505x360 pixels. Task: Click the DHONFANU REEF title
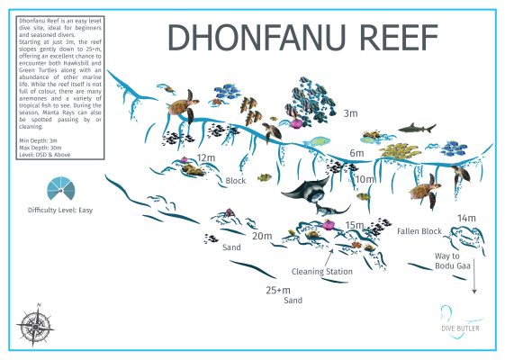pyautogui.click(x=302, y=38)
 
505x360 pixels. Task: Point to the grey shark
pyautogui.click(x=417, y=128)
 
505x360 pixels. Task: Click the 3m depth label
pyautogui.click(x=350, y=113)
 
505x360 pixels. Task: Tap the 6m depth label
pyautogui.click(x=356, y=154)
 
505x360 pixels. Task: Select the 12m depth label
pyautogui.click(x=207, y=158)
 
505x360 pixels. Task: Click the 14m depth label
pyautogui.click(x=465, y=219)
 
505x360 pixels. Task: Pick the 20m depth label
pyautogui.click(x=261, y=237)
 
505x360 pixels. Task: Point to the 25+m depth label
pyautogui.click(x=279, y=291)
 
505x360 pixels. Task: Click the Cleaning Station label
pyautogui.click(x=321, y=270)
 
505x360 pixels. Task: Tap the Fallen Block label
pyautogui.click(x=419, y=231)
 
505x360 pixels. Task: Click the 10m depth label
pyautogui.click(x=364, y=180)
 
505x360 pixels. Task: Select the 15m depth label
pyautogui.click(x=354, y=225)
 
